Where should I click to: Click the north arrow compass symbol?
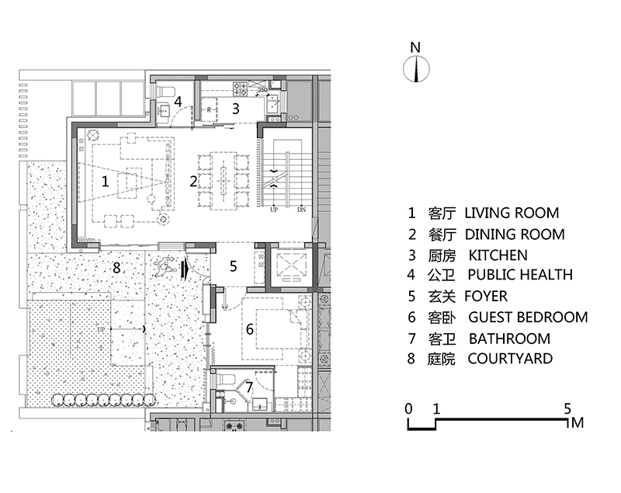(x=416, y=69)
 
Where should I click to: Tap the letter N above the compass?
(x=415, y=47)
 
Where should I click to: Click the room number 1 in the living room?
(x=105, y=182)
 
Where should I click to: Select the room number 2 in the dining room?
(x=193, y=182)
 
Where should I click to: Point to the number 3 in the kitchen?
(x=236, y=109)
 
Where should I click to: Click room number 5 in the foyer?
(x=234, y=266)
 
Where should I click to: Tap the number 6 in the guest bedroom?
(x=249, y=329)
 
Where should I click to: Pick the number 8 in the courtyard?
(x=116, y=268)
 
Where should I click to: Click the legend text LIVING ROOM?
(x=512, y=213)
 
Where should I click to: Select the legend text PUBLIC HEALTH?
(x=520, y=275)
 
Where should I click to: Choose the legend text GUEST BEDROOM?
(x=528, y=318)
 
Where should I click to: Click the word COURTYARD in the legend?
(x=510, y=359)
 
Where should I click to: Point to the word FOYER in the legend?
(x=486, y=297)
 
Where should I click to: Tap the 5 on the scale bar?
(x=567, y=408)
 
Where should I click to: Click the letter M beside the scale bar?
(x=578, y=423)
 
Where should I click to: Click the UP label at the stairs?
(x=274, y=210)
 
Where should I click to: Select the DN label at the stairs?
(x=301, y=210)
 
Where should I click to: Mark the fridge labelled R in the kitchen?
(x=209, y=109)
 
